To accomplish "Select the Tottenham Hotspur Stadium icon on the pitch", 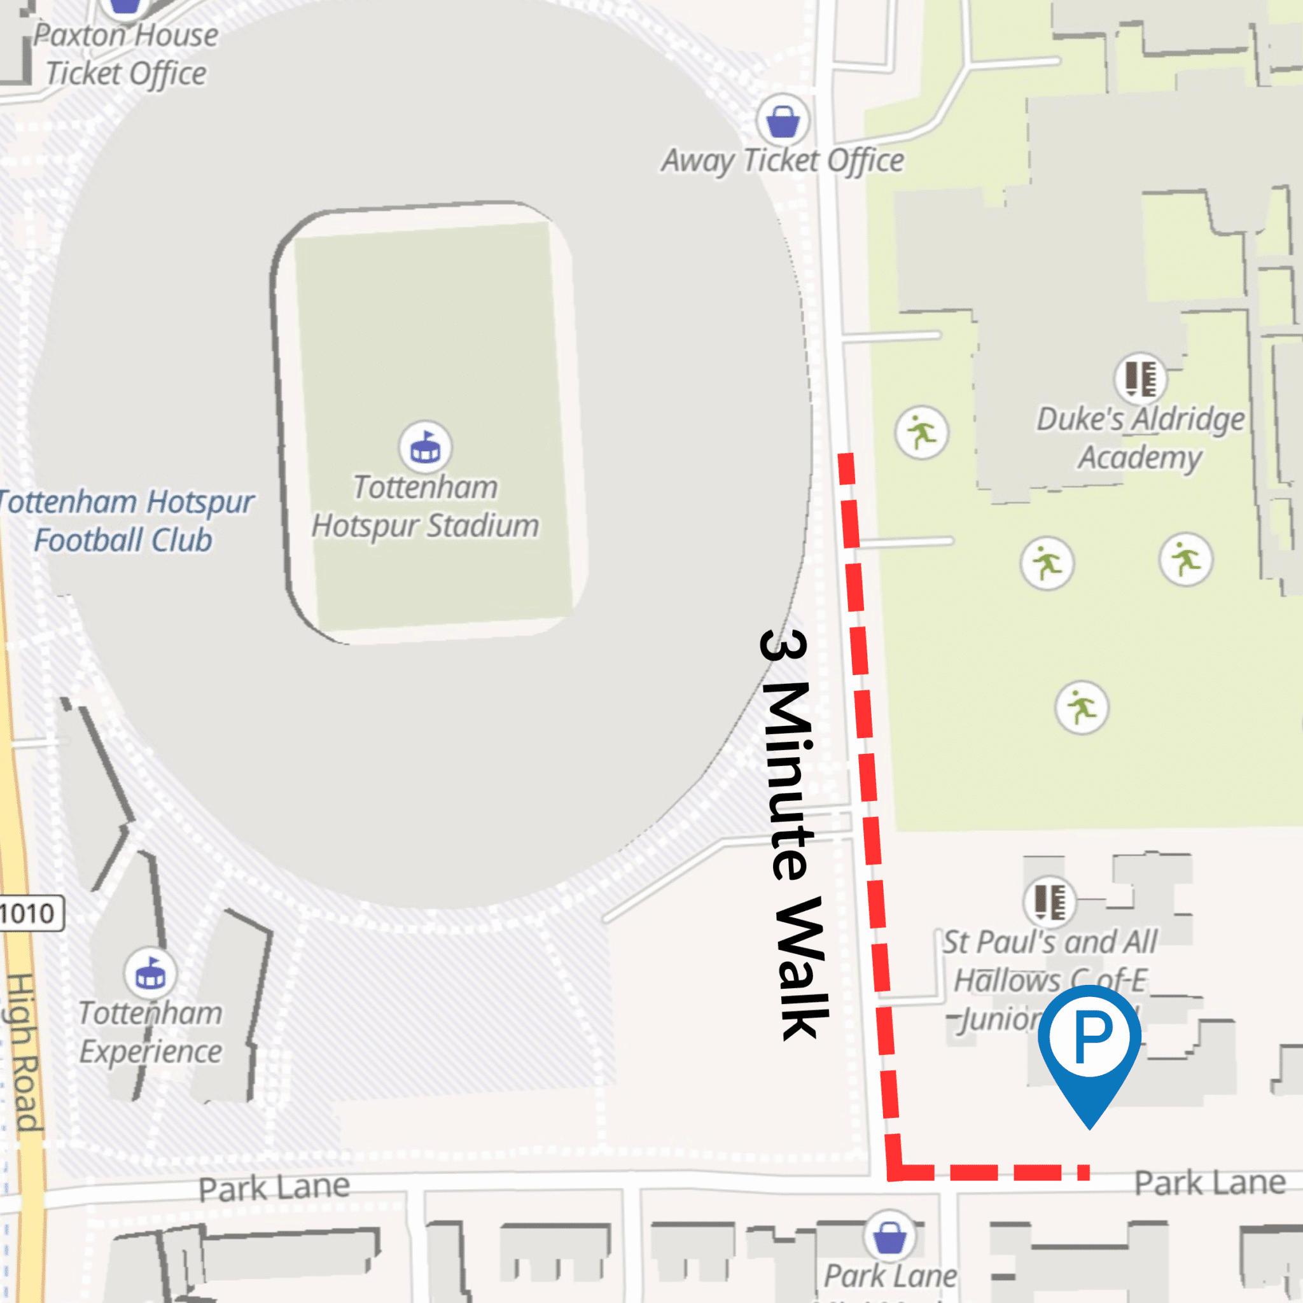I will pyautogui.click(x=425, y=447).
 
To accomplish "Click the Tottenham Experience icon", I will pyautogui.click(x=150, y=973).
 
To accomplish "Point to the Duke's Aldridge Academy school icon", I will pyautogui.click(x=1139, y=378).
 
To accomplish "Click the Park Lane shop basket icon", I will pyautogui.click(x=889, y=1235).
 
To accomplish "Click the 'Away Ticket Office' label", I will pyautogui.click(x=783, y=160).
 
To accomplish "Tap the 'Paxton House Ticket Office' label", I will pyautogui.click(x=126, y=54).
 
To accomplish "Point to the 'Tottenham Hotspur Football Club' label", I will pyautogui.click(x=125, y=520).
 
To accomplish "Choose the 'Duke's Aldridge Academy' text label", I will pyautogui.click(x=1139, y=438).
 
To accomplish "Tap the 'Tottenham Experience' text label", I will pyautogui.click(x=150, y=1033).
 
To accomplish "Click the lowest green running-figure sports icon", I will pyautogui.click(x=1081, y=707).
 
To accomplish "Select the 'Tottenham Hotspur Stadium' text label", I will pyautogui.click(x=425, y=506).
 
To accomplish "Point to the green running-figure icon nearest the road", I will pyautogui.click(x=921, y=432).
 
